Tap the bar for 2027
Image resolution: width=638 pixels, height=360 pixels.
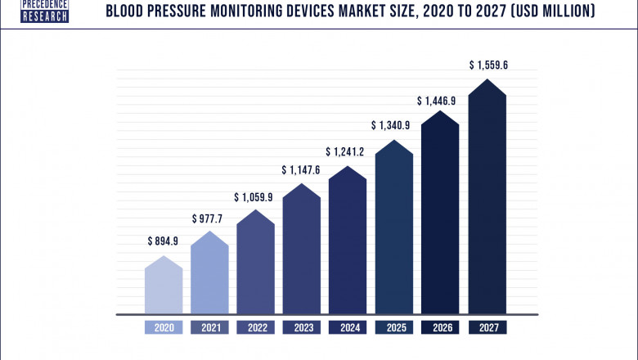[x=487, y=200]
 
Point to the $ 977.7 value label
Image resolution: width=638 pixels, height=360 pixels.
[x=209, y=218]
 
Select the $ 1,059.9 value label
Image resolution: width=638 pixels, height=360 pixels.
[x=256, y=197]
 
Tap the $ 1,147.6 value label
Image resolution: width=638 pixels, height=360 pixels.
[x=303, y=170]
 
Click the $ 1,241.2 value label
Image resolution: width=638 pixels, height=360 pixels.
[x=348, y=152]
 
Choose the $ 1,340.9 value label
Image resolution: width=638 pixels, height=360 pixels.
[x=394, y=125]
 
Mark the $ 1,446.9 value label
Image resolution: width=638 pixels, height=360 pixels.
[x=440, y=101]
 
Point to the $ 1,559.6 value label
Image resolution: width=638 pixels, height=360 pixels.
[x=487, y=65]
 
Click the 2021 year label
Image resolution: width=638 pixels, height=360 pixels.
[x=209, y=327]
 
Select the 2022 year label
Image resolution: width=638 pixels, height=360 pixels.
[x=256, y=327]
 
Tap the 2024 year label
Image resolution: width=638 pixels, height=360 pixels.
[x=348, y=327]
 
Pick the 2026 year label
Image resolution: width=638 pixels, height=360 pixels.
[x=441, y=327]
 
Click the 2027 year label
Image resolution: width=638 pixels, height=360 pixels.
[x=487, y=327]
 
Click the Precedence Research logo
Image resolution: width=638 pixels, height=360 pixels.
[x=44, y=11]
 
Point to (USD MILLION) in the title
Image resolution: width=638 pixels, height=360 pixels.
[x=549, y=11]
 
